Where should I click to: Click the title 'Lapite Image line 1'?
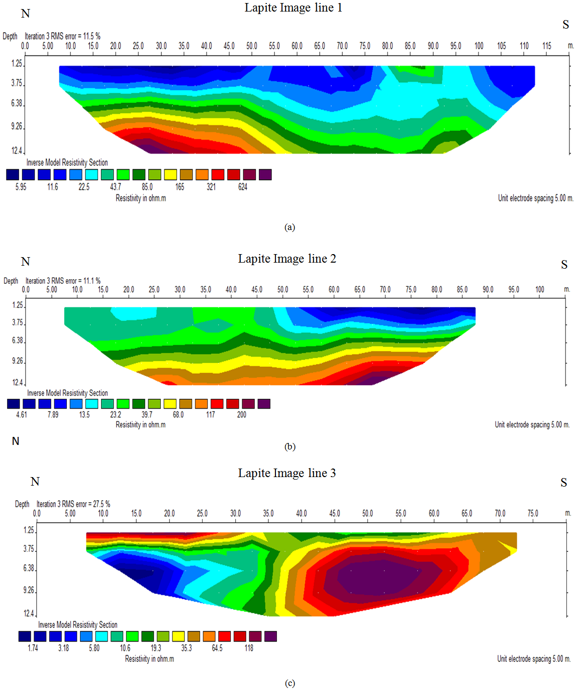(293, 8)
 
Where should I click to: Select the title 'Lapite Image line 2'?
(287, 259)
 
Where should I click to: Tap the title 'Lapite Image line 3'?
(286, 473)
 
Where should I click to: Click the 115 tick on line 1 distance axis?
(547, 46)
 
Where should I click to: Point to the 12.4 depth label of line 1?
(17, 151)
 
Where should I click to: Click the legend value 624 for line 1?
(243, 187)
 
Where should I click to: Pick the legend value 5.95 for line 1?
(21, 187)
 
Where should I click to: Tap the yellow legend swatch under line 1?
(170, 174)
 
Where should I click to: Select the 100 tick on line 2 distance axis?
(539, 290)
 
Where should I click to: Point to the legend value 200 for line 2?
(242, 415)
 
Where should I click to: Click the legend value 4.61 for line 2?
(22, 415)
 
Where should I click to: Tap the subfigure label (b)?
(289, 446)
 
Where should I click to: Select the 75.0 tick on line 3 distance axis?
(533, 513)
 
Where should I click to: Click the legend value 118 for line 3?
(249, 648)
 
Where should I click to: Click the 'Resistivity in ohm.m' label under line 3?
(149, 659)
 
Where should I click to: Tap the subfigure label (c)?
(289, 683)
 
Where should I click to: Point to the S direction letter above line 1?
(566, 25)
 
